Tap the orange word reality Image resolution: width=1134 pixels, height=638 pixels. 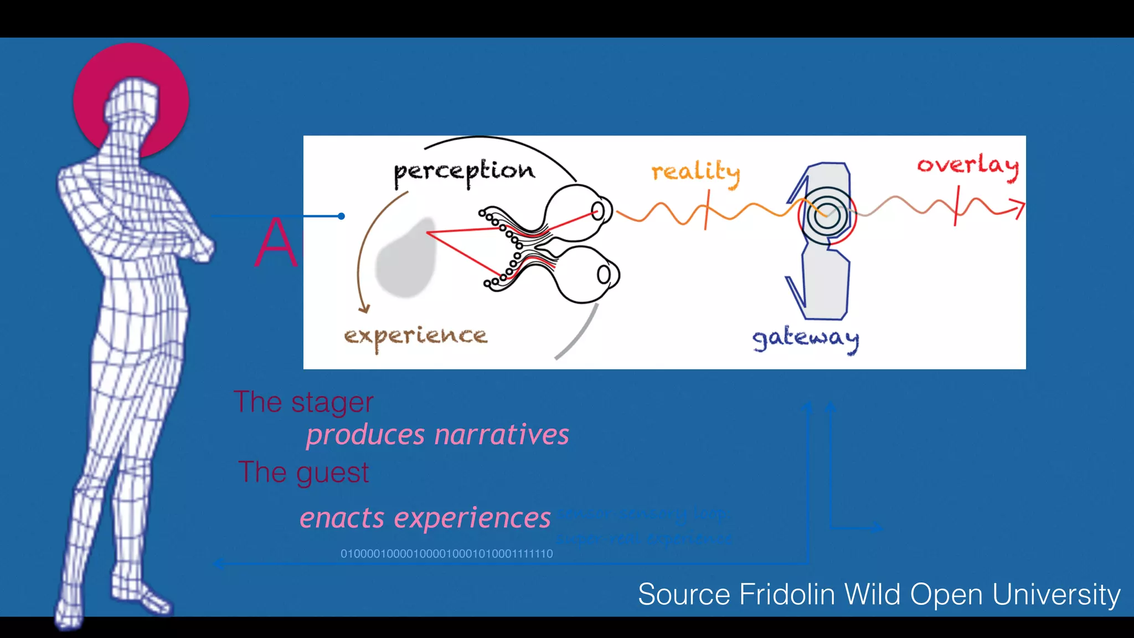[x=695, y=172]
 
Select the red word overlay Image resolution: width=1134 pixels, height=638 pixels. [x=967, y=166]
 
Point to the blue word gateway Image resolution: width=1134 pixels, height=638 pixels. [x=805, y=338]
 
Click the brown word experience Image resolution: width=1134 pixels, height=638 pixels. [x=415, y=336]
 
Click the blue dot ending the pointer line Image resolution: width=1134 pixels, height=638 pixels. [x=342, y=216]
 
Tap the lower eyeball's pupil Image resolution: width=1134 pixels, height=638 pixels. [x=604, y=274]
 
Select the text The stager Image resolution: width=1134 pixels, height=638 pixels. [x=303, y=402]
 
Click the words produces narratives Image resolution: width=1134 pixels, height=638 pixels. [x=437, y=435]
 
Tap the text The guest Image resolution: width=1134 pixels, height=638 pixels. [x=303, y=472]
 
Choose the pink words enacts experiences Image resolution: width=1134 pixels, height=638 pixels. [x=425, y=518]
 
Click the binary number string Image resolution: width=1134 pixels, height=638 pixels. [x=446, y=553]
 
